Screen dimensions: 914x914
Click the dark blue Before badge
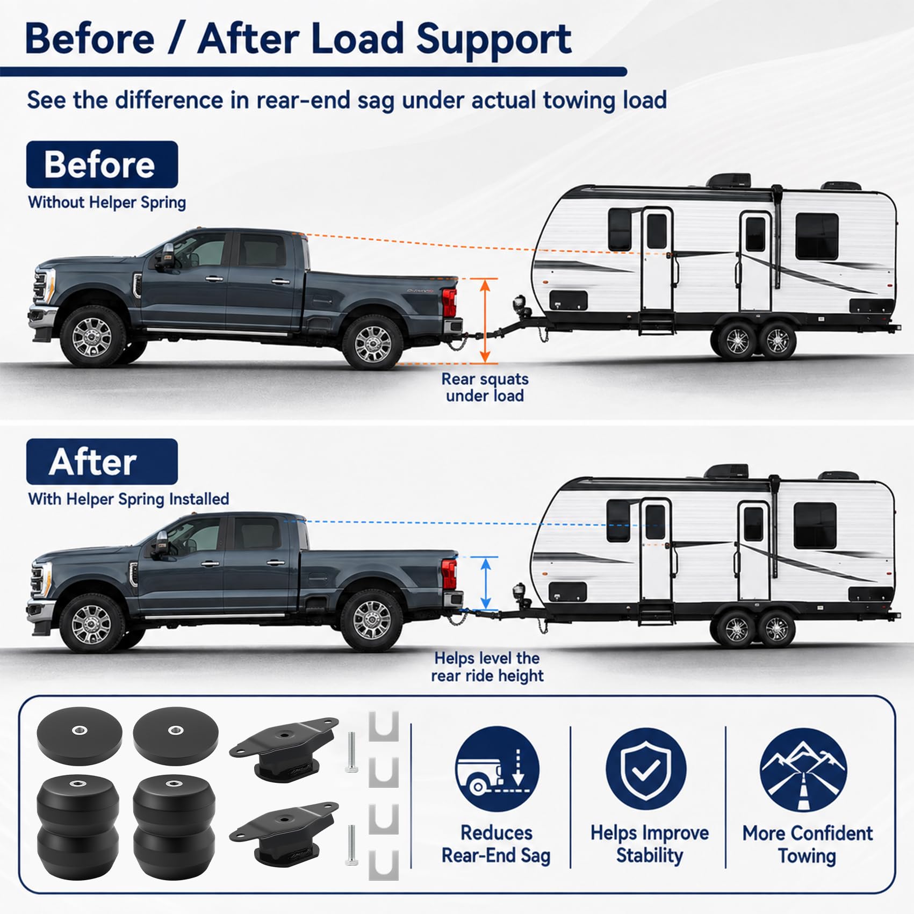pos(102,164)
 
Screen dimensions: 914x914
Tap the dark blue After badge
pos(102,462)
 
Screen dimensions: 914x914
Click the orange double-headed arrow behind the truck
pos(485,321)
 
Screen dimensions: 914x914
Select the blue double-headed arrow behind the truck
pos(486,584)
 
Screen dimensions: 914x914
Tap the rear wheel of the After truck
pos(371,621)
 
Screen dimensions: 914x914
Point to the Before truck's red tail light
pos(449,303)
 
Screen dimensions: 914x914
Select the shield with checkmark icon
pos(646,768)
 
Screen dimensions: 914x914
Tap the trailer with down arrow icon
pos(497,768)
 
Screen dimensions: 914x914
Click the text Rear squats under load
pos(485,387)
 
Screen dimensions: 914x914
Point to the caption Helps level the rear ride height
pos(487,667)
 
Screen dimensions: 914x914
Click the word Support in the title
pos(494,39)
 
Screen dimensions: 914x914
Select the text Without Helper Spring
pos(107,203)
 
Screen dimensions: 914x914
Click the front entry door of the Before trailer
pos(657,259)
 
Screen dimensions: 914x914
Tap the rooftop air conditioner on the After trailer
pos(727,471)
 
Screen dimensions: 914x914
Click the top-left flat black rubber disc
pos(80,735)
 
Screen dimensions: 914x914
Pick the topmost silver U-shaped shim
pos(384,726)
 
